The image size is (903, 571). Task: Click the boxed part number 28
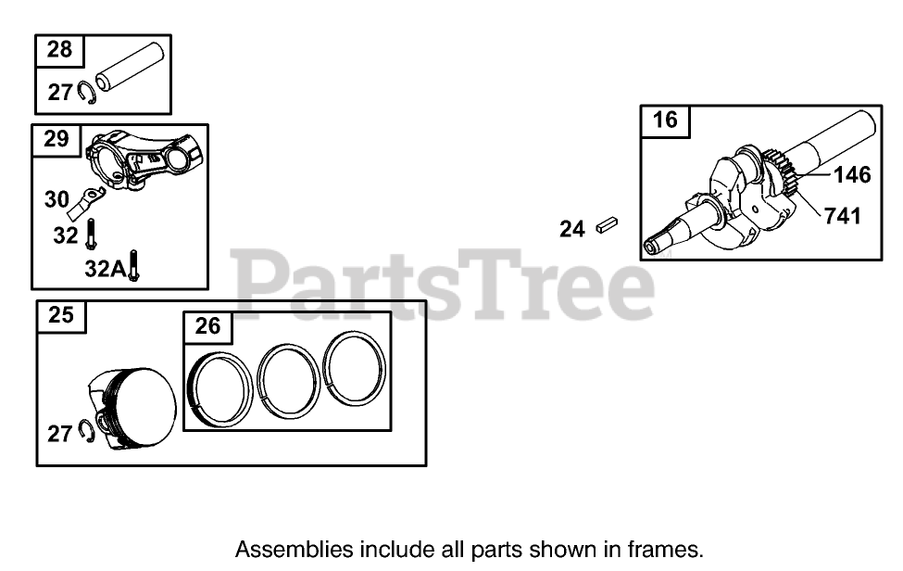[59, 50]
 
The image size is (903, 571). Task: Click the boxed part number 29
[56, 139]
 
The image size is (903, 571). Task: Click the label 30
[57, 199]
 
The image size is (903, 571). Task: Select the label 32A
[103, 269]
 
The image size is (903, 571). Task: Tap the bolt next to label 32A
[134, 266]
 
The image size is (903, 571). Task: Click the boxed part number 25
[61, 315]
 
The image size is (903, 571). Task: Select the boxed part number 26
[208, 326]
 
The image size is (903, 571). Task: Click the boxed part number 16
[665, 120]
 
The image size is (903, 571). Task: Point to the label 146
[852, 174]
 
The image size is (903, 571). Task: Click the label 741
[842, 216]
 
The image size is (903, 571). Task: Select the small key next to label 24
[608, 224]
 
